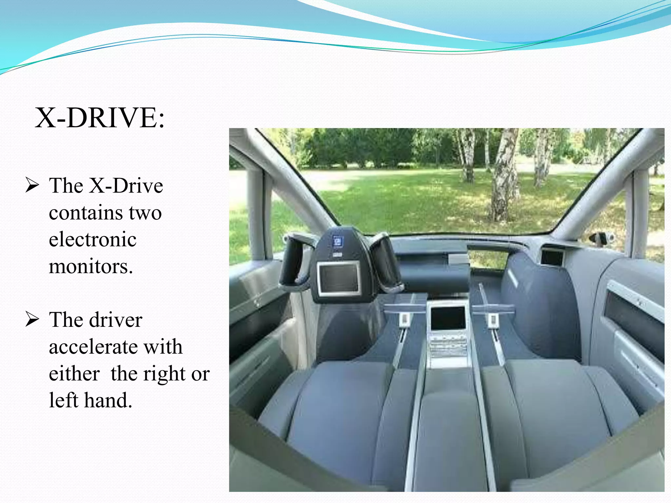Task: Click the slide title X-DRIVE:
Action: pyautogui.click(x=100, y=118)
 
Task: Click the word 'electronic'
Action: pyautogui.click(x=93, y=239)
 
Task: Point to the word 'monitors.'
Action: pyautogui.click(x=91, y=266)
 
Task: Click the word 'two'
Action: pyautogui.click(x=145, y=213)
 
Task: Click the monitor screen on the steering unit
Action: pyautogui.click(x=338, y=278)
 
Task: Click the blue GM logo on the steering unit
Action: pyautogui.click(x=337, y=241)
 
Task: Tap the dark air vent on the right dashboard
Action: pyautogui.click(x=552, y=257)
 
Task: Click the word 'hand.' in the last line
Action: pyautogui.click(x=108, y=400)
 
